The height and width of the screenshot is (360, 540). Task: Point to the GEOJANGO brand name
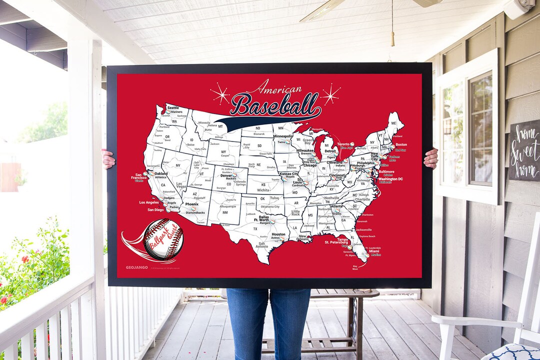click(136, 267)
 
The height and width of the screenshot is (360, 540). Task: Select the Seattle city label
click(173, 108)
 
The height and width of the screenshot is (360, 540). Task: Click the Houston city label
click(278, 234)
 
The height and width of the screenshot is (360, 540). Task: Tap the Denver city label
click(226, 175)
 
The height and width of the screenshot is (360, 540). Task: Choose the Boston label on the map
click(401, 144)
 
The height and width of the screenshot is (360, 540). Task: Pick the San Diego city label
click(155, 210)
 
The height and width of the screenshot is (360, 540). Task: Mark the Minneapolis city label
click(283, 136)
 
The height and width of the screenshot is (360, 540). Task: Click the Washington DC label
click(390, 179)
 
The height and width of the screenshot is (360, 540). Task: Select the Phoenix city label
click(192, 204)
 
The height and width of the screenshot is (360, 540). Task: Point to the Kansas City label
click(288, 173)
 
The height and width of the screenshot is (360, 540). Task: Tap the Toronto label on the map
click(343, 144)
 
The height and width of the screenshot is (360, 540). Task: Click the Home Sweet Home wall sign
click(524, 150)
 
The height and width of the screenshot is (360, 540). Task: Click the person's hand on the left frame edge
click(108, 159)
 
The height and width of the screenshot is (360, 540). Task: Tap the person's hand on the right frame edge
click(431, 158)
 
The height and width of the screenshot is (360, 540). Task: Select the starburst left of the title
click(219, 93)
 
